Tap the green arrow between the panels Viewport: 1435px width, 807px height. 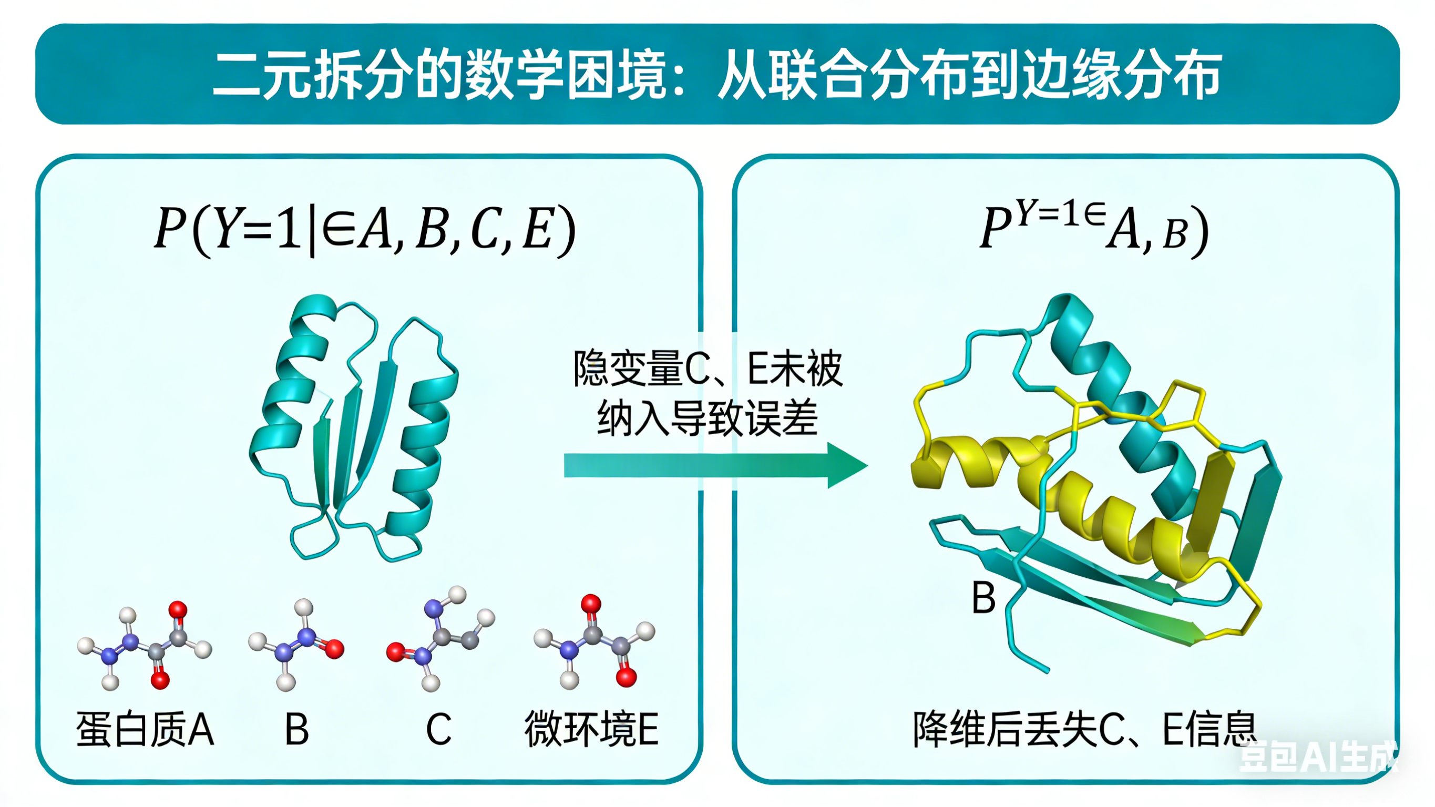(x=713, y=465)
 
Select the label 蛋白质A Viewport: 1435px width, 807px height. (x=145, y=729)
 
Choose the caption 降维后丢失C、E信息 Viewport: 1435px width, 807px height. (x=1083, y=729)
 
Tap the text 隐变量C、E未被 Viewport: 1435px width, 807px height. (x=708, y=369)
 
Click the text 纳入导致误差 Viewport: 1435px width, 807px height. (x=708, y=418)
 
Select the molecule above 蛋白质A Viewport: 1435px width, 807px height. (x=145, y=647)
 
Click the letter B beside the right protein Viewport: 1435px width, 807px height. (x=983, y=597)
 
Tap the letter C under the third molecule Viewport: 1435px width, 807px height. (x=438, y=729)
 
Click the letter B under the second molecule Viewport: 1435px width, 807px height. (x=296, y=729)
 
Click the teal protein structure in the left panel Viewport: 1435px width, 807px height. (x=354, y=429)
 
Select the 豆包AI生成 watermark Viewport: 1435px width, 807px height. (x=1317, y=757)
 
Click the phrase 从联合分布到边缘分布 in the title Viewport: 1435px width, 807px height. (x=969, y=75)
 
